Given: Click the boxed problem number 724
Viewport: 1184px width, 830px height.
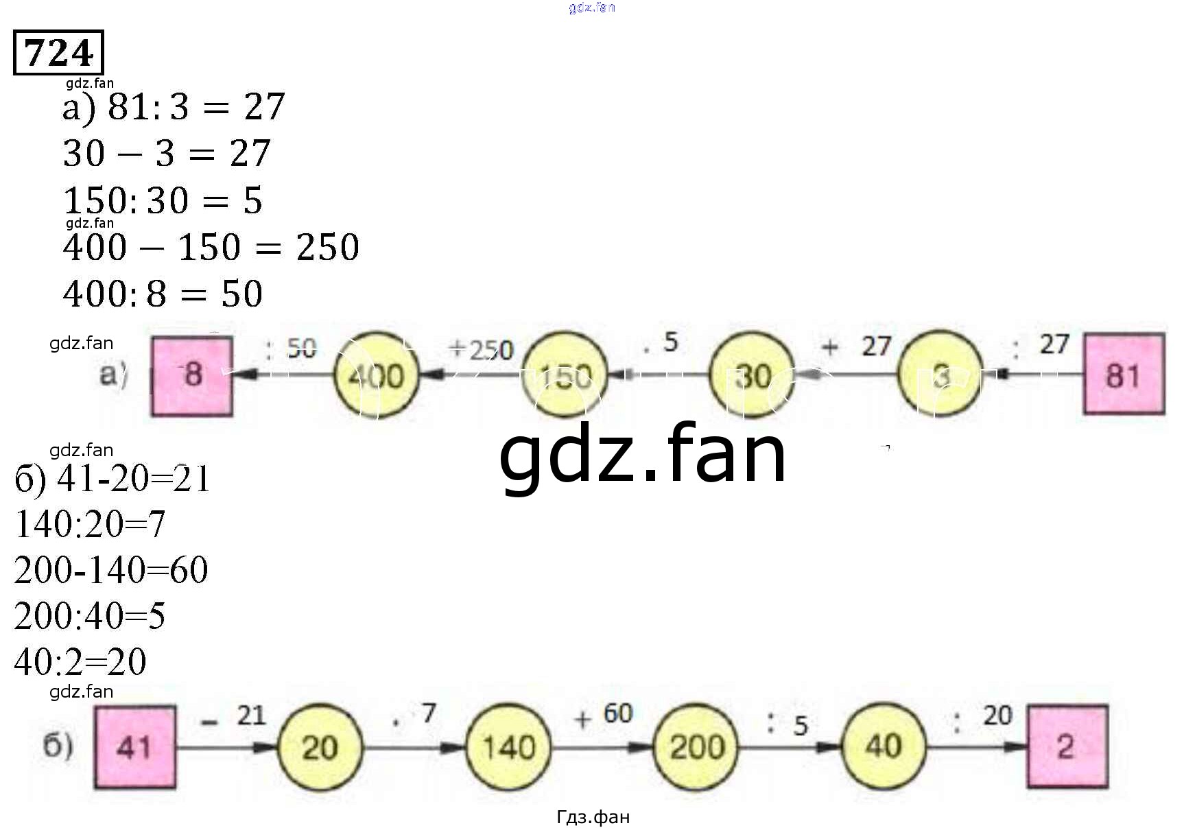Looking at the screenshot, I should click(58, 52).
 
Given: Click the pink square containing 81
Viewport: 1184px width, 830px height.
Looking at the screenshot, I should click(1123, 374).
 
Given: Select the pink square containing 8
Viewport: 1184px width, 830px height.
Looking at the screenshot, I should click(192, 375).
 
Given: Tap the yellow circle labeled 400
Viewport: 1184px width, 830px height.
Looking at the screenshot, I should click(376, 375).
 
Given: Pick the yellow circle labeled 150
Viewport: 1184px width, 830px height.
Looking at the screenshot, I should click(564, 375).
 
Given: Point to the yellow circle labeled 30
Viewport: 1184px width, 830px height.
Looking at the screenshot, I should click(751, 375).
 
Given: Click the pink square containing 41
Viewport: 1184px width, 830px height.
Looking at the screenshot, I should click(134, 747).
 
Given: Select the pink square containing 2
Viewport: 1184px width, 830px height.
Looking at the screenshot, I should click(1067, 746).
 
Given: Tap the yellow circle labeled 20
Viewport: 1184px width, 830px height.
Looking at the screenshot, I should click(320, 747).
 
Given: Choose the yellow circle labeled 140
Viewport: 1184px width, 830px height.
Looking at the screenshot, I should click(508, 747).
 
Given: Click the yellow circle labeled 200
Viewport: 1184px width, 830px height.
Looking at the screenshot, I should click(696, 747).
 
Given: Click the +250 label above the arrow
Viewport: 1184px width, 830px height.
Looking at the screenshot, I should click(481, 350).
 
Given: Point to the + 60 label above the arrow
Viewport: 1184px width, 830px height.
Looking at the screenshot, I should click(604, 715).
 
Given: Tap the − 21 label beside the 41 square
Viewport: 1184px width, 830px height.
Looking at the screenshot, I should click(233, 717).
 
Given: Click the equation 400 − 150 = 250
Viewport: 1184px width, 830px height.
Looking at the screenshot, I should click(211, 247).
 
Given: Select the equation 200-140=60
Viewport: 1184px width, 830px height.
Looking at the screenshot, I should click(110, 570).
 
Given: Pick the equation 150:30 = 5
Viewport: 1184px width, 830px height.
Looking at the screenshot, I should click(163, 201).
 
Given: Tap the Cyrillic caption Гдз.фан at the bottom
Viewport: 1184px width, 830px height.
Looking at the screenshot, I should click(593, 817).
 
